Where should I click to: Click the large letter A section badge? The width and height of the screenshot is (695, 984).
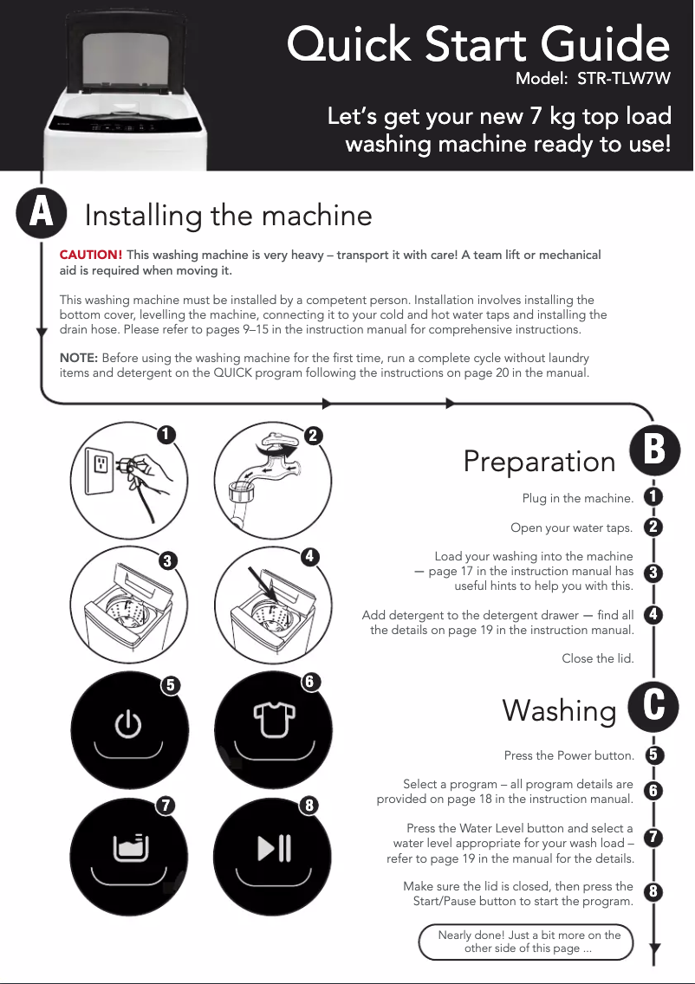[x=42, y=213]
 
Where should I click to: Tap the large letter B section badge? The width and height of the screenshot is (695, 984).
[x=654, y=450]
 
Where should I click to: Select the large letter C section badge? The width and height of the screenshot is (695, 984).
[x=653, y=707]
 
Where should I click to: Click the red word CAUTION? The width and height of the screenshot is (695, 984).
[x=91, y=255]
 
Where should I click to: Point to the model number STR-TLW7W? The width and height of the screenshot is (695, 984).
[x=623, y=79]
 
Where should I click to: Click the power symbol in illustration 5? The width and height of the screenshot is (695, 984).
[x=128, y=723]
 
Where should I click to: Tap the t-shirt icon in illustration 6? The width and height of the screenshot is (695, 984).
[x=275, y=719]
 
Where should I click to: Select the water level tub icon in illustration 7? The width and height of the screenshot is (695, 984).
[x=131, y=848]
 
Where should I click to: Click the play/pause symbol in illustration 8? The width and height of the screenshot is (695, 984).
[x=275, y=848]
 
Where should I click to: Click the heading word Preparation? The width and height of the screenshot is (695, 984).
[x=539, y=461]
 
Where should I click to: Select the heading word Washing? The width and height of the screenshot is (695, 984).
[x=560, y=711]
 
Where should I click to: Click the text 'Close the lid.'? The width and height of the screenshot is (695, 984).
[x=598, y=658]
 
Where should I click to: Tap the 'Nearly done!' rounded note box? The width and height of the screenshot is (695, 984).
[x=526, y=942]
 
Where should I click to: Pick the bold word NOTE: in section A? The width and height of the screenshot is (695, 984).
[x=79, y=358]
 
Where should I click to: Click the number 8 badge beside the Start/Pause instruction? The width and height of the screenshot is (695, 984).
[x=653, y=891]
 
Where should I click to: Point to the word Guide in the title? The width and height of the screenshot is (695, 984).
[x=605, y=44]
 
